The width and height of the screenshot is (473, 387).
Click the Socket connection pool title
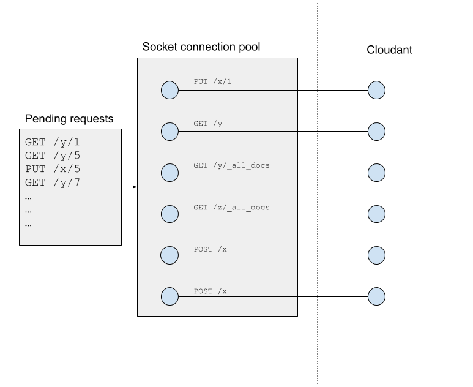coord(202,47)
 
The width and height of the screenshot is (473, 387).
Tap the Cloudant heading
coord(389,50)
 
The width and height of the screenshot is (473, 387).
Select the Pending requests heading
coord(69,119)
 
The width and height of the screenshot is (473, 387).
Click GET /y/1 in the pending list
coord(53,142)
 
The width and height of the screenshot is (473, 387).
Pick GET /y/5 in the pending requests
coord(53,156)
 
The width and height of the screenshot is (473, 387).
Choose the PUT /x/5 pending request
coord(53,169)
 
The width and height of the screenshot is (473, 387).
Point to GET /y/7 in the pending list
coord(53,182)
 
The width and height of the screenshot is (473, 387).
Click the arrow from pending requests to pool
coord(129,187)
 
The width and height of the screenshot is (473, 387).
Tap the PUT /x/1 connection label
coord(212,81)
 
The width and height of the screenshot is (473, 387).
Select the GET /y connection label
coord(207,124)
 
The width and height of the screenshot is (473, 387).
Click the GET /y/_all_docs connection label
coord(231,165)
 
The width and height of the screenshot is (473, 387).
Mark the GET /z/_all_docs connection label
coord(231,208)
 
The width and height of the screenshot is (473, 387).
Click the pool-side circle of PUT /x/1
coord(169,91)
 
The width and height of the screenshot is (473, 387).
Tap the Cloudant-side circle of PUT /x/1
coord(376,91)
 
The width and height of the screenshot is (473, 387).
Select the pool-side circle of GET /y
coord(169,132)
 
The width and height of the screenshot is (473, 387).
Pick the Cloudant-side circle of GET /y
coord(376,132)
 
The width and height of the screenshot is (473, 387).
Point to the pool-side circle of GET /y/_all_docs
coord(169,173)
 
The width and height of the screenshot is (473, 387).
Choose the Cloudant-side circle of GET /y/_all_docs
coord(376,173)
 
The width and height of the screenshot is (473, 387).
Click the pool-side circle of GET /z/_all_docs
coord(169,214)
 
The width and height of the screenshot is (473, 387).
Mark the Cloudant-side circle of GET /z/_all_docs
coord(376,214)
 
